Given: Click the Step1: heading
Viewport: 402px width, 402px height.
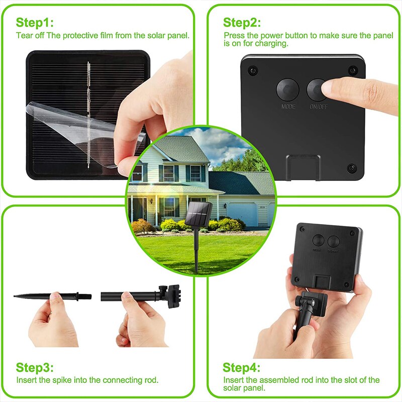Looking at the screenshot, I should pos(34,23).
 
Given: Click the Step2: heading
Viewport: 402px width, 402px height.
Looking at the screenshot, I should pos(242,23).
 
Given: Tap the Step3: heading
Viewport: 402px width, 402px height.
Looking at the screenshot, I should pos(34,367).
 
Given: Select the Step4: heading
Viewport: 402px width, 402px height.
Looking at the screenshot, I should pos(242,367).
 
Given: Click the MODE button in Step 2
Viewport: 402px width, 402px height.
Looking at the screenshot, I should pos(287,89).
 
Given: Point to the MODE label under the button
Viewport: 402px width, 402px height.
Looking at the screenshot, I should pos(288,107).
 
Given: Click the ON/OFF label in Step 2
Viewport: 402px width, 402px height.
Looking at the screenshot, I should pos(318,107).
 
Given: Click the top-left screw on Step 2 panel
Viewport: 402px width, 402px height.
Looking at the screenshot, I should pos(252,69).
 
